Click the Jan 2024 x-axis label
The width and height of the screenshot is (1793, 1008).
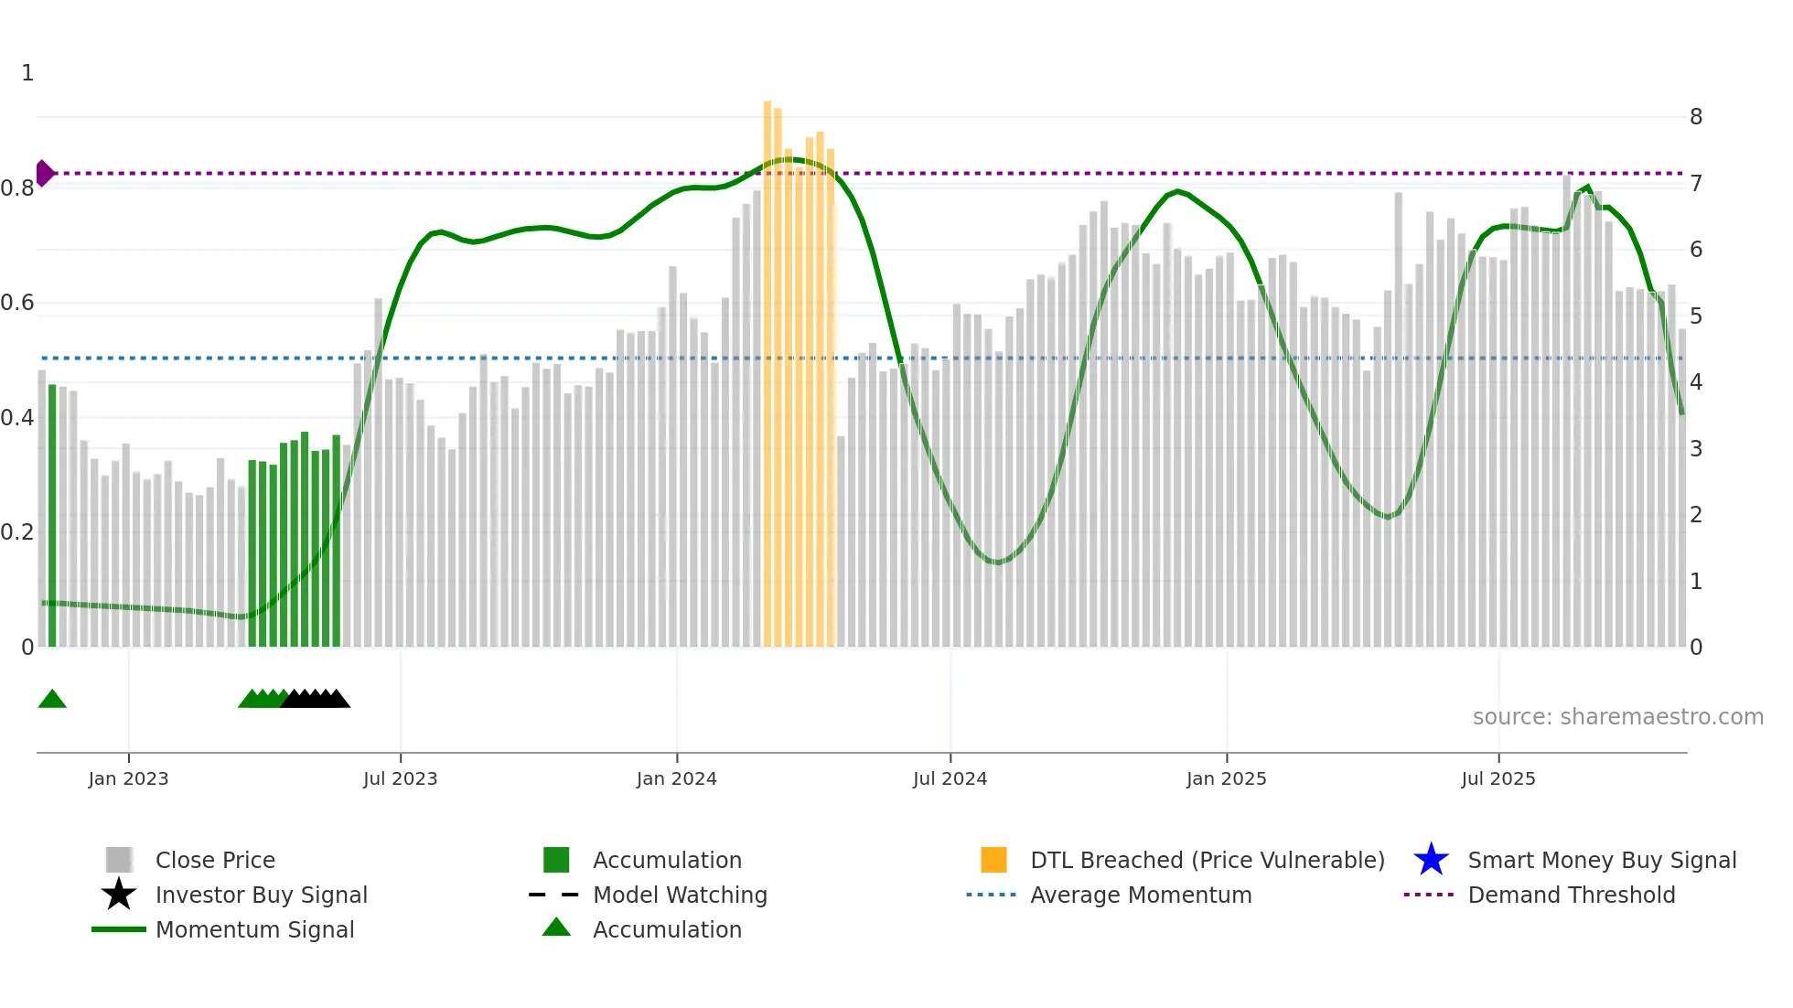(x=676, y=778)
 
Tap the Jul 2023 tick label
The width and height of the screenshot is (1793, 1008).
(x=400, y=778)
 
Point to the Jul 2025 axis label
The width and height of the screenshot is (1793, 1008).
(x=1498, y=778)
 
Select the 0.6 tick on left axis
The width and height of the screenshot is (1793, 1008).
(x=17, y=303)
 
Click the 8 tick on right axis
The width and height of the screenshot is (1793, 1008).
(x=1695, y=117)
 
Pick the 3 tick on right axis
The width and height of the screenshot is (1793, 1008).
(x=1695, y=449)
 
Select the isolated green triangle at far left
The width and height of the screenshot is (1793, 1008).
(x=52, y=700)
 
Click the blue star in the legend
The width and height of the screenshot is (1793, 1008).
(x=1431, y=860)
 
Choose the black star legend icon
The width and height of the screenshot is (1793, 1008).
(x=119, y=895)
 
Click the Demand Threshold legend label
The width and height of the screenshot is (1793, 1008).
(x=1571, y=895)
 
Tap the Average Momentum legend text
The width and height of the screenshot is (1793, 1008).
(x=1140, y=895)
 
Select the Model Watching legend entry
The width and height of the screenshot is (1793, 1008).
(x=679, y=895)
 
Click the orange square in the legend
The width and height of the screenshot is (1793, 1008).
(x=993, y=860)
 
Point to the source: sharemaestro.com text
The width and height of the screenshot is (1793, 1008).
(x=1617, y=717)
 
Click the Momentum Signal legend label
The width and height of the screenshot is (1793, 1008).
(x=254, y=929)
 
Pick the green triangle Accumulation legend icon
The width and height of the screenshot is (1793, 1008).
(x=556, y=928)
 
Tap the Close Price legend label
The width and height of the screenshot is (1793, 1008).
(x=215, y=860)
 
